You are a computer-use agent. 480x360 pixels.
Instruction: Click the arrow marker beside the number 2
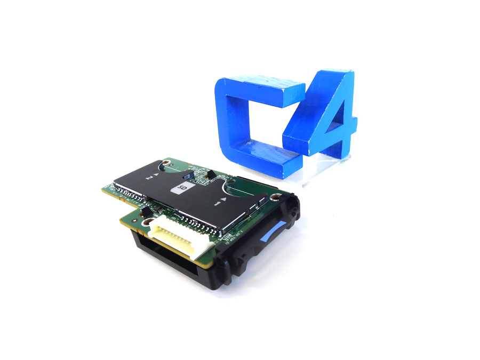[155, 174]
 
